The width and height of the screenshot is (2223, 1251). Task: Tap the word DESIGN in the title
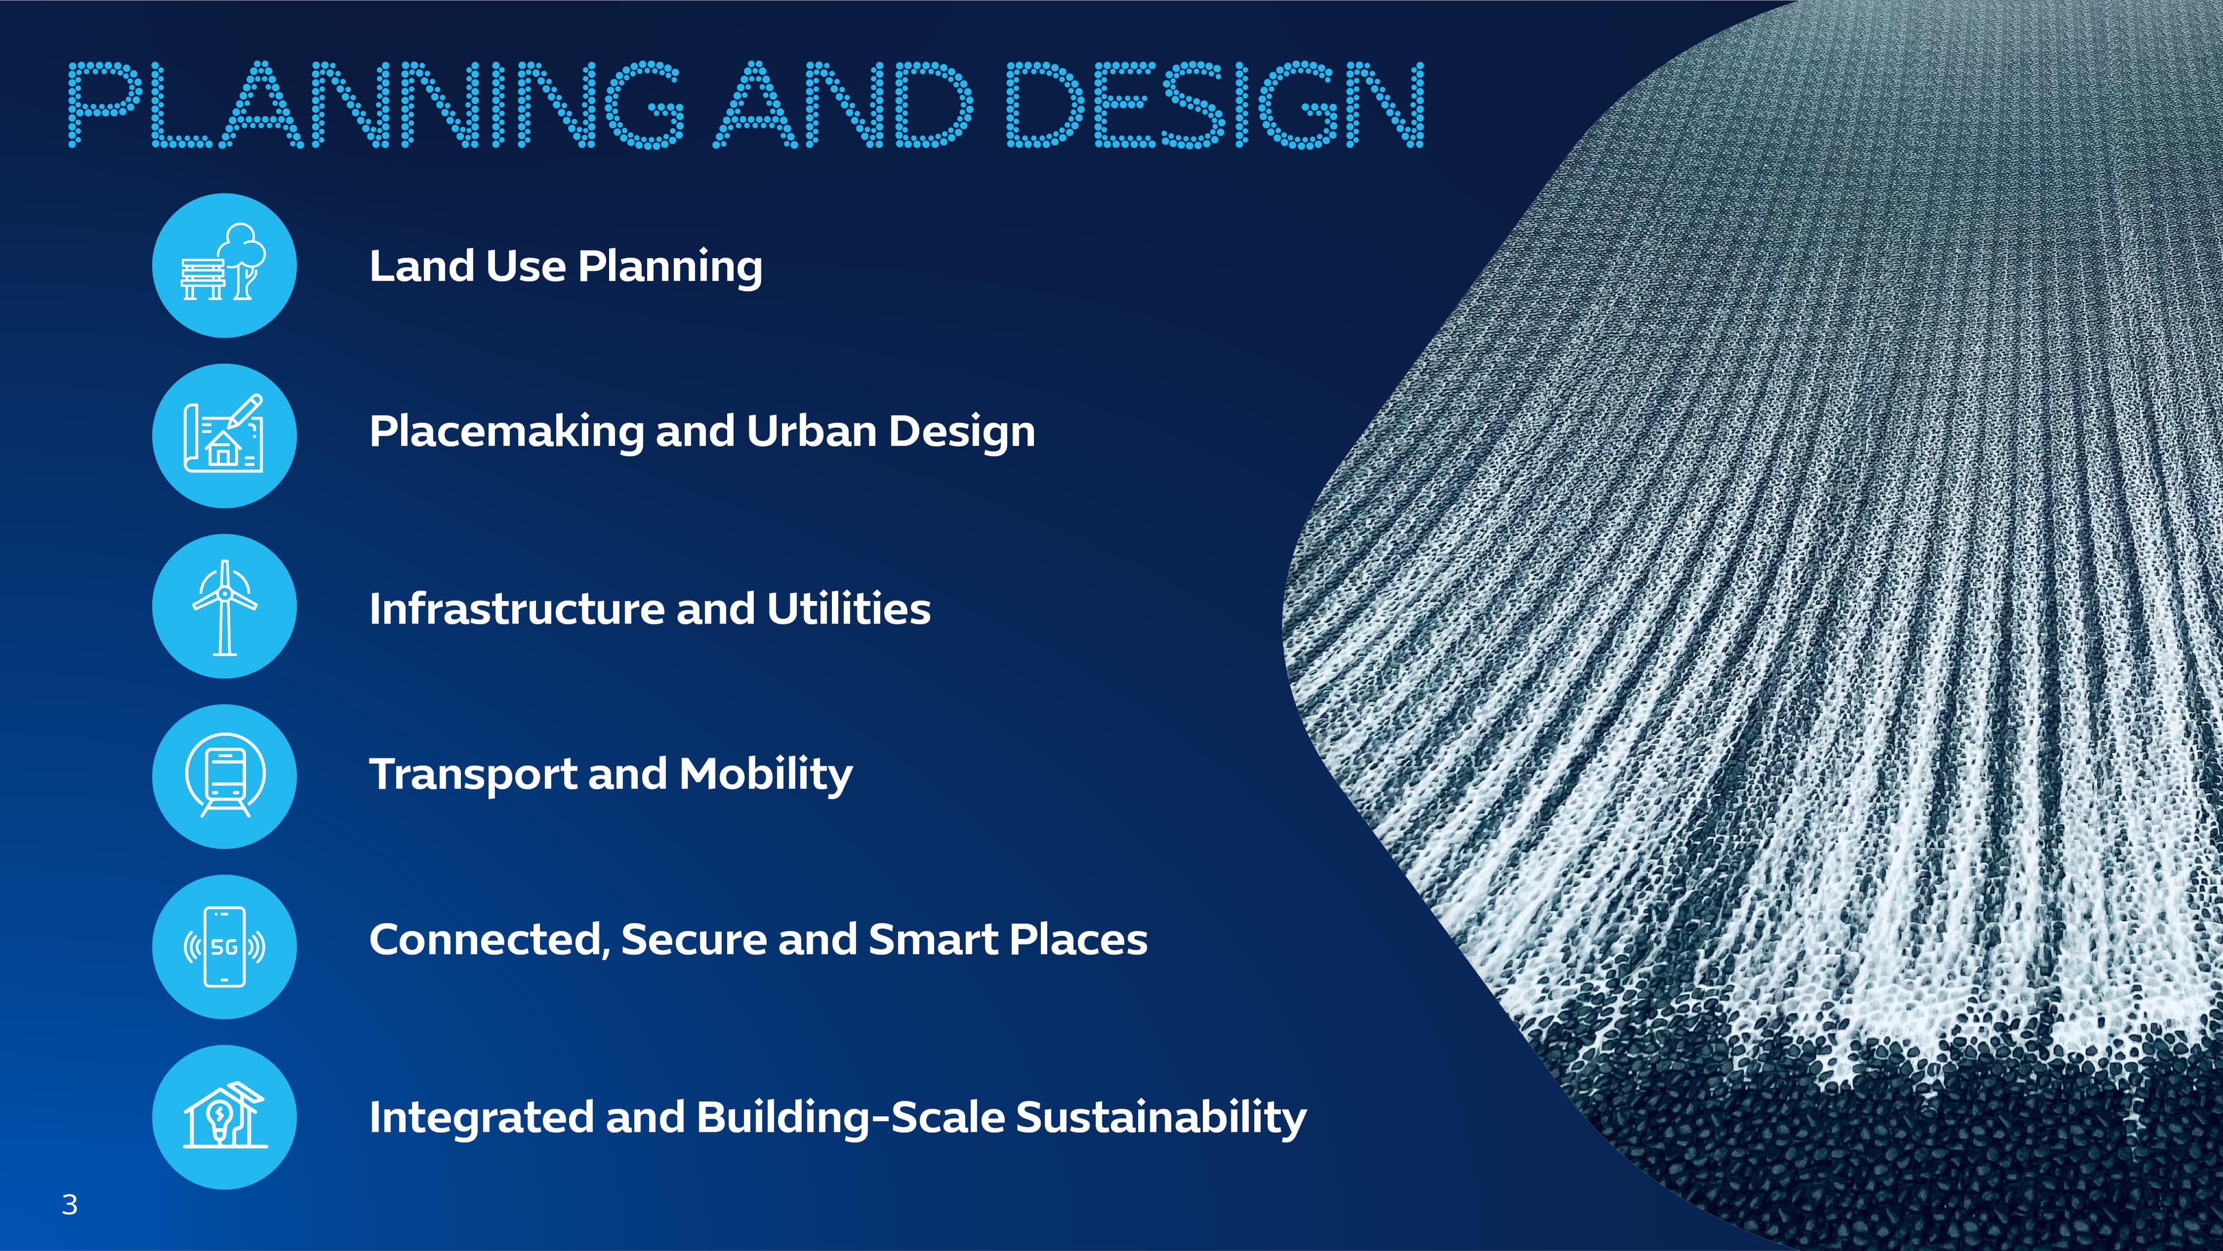coord(1215,104)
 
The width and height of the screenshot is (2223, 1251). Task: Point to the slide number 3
coord(70,1205)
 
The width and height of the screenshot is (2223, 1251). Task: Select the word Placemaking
coord(507,431)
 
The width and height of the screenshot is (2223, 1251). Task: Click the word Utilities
coord(848,608)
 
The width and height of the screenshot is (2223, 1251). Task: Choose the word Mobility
coord(765,774)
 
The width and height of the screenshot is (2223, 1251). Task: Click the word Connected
coord(489,940)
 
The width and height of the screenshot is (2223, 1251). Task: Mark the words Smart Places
coord(1008,940)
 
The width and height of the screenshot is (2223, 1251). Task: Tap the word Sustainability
coord(1161,1117)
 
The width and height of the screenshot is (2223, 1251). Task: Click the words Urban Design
coord(890,431)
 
